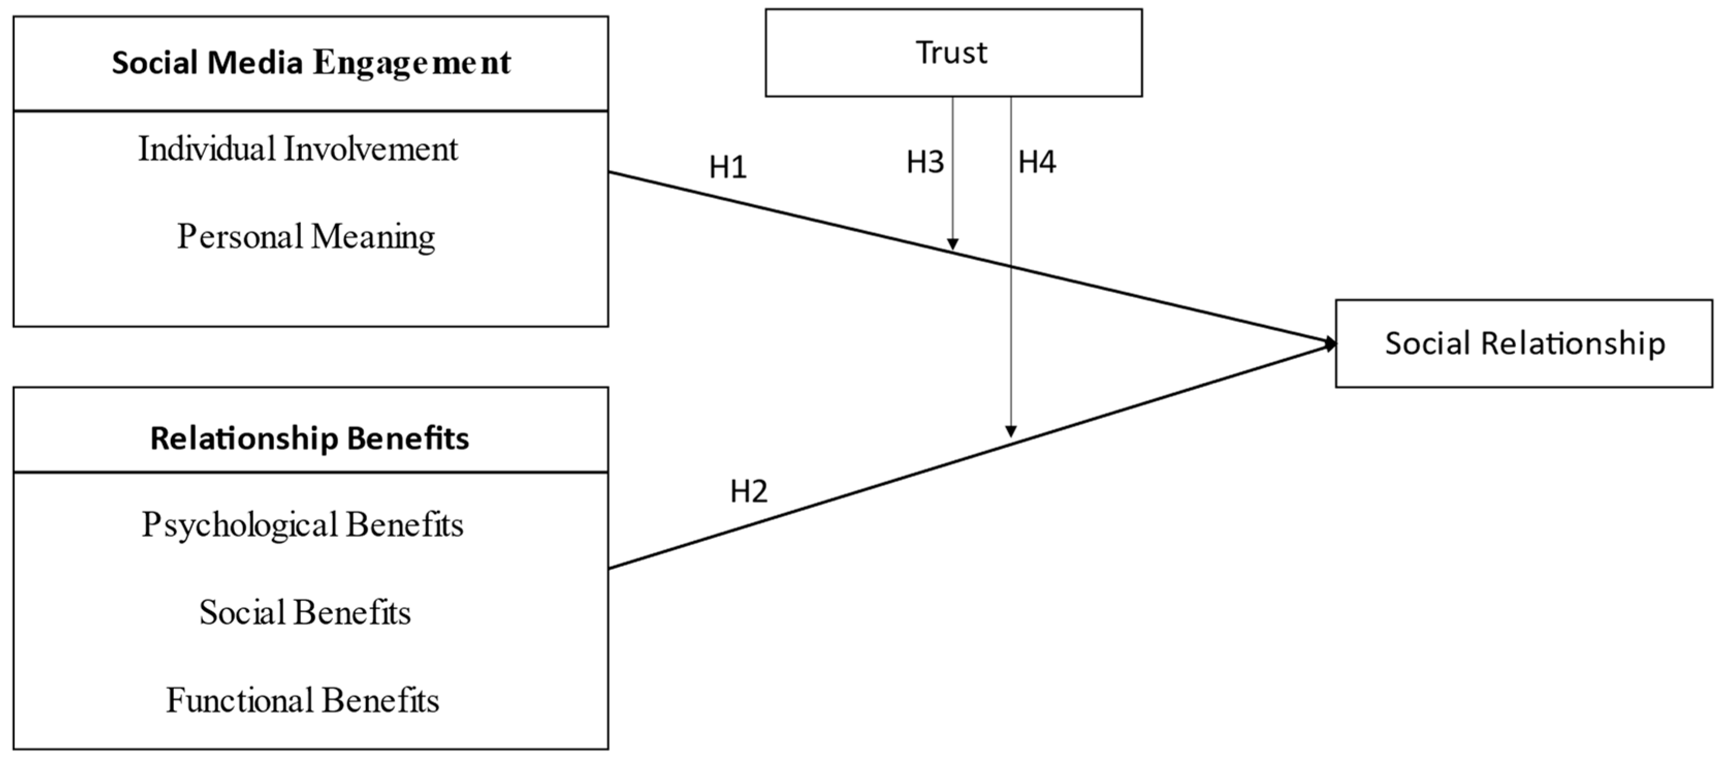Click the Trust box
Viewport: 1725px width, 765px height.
click(953, 53)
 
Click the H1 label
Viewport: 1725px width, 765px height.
click(728, 167)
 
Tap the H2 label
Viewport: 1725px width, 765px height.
click(749, 492)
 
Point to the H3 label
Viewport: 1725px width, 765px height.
click(925, 162)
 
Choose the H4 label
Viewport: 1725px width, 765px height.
click(1037, 162)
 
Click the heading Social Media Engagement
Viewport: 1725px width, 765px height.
click(311, 63)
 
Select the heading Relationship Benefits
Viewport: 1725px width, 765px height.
click(310, 439)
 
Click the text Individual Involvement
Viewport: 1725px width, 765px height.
click(298, 149)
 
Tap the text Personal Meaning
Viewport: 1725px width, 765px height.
click(306, 237)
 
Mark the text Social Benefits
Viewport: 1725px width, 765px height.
click(304, 612)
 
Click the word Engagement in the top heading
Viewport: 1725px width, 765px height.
click(412, 63)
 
